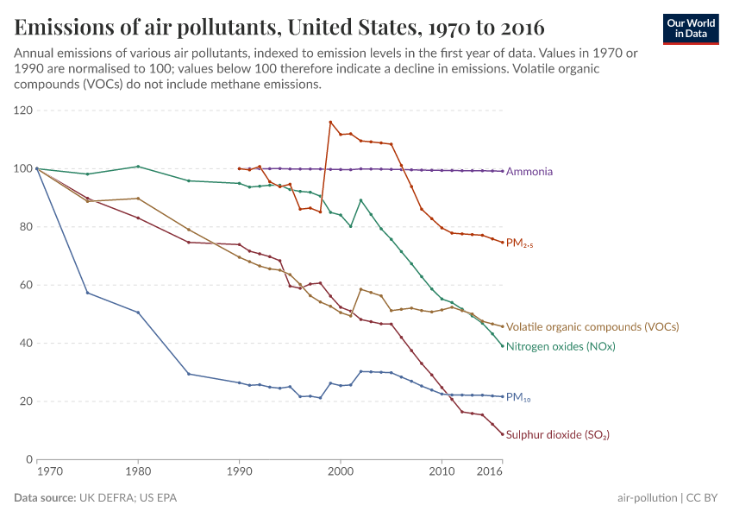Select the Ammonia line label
pyautogui.click(x=529, y=172)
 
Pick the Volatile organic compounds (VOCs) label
pyautogui.click(x=592, y=327)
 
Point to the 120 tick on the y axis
pyautogui.click(x=22, y=111)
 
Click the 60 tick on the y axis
pyautogui.click(x=24, y=285)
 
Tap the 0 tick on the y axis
pyautogui.click(x=28, y=459)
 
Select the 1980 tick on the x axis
pyautogui.click(x=138, y=472)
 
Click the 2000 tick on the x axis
pyautogui.click(x=341, y=472)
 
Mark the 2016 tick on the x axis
pyautogui.click(x=489, y=472)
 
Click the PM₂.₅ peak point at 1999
pyautogui.click(x=330, y=122)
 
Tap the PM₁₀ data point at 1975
pyautogui.click(x=87, y=293)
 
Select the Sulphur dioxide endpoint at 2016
pyautogui.click(x=503, y=433)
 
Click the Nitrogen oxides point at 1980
pyautogui.click(x=138, y=167)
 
